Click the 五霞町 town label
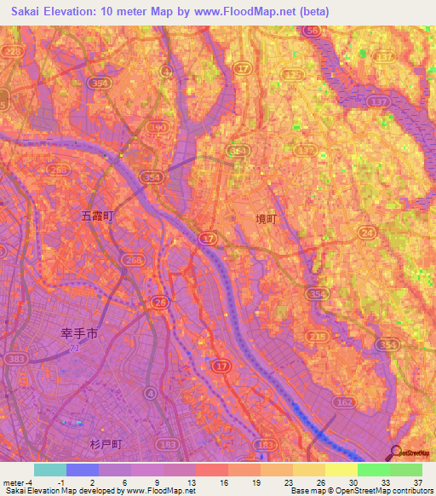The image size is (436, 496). (97, 216)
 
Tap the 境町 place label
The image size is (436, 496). (267, 219)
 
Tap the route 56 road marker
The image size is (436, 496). (313, 31)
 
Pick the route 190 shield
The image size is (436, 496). (157, 127)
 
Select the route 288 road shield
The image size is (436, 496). (59, 170)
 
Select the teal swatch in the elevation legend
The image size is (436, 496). (49, 470)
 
